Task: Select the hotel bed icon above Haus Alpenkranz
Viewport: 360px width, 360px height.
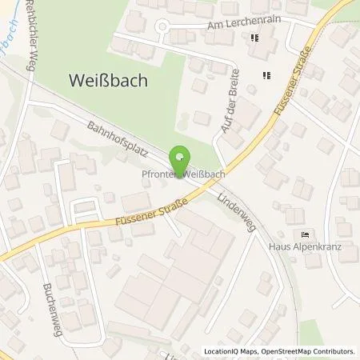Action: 304,234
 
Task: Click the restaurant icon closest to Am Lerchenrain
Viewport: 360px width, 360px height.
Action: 255,38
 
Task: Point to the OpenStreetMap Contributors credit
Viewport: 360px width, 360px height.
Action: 307,351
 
